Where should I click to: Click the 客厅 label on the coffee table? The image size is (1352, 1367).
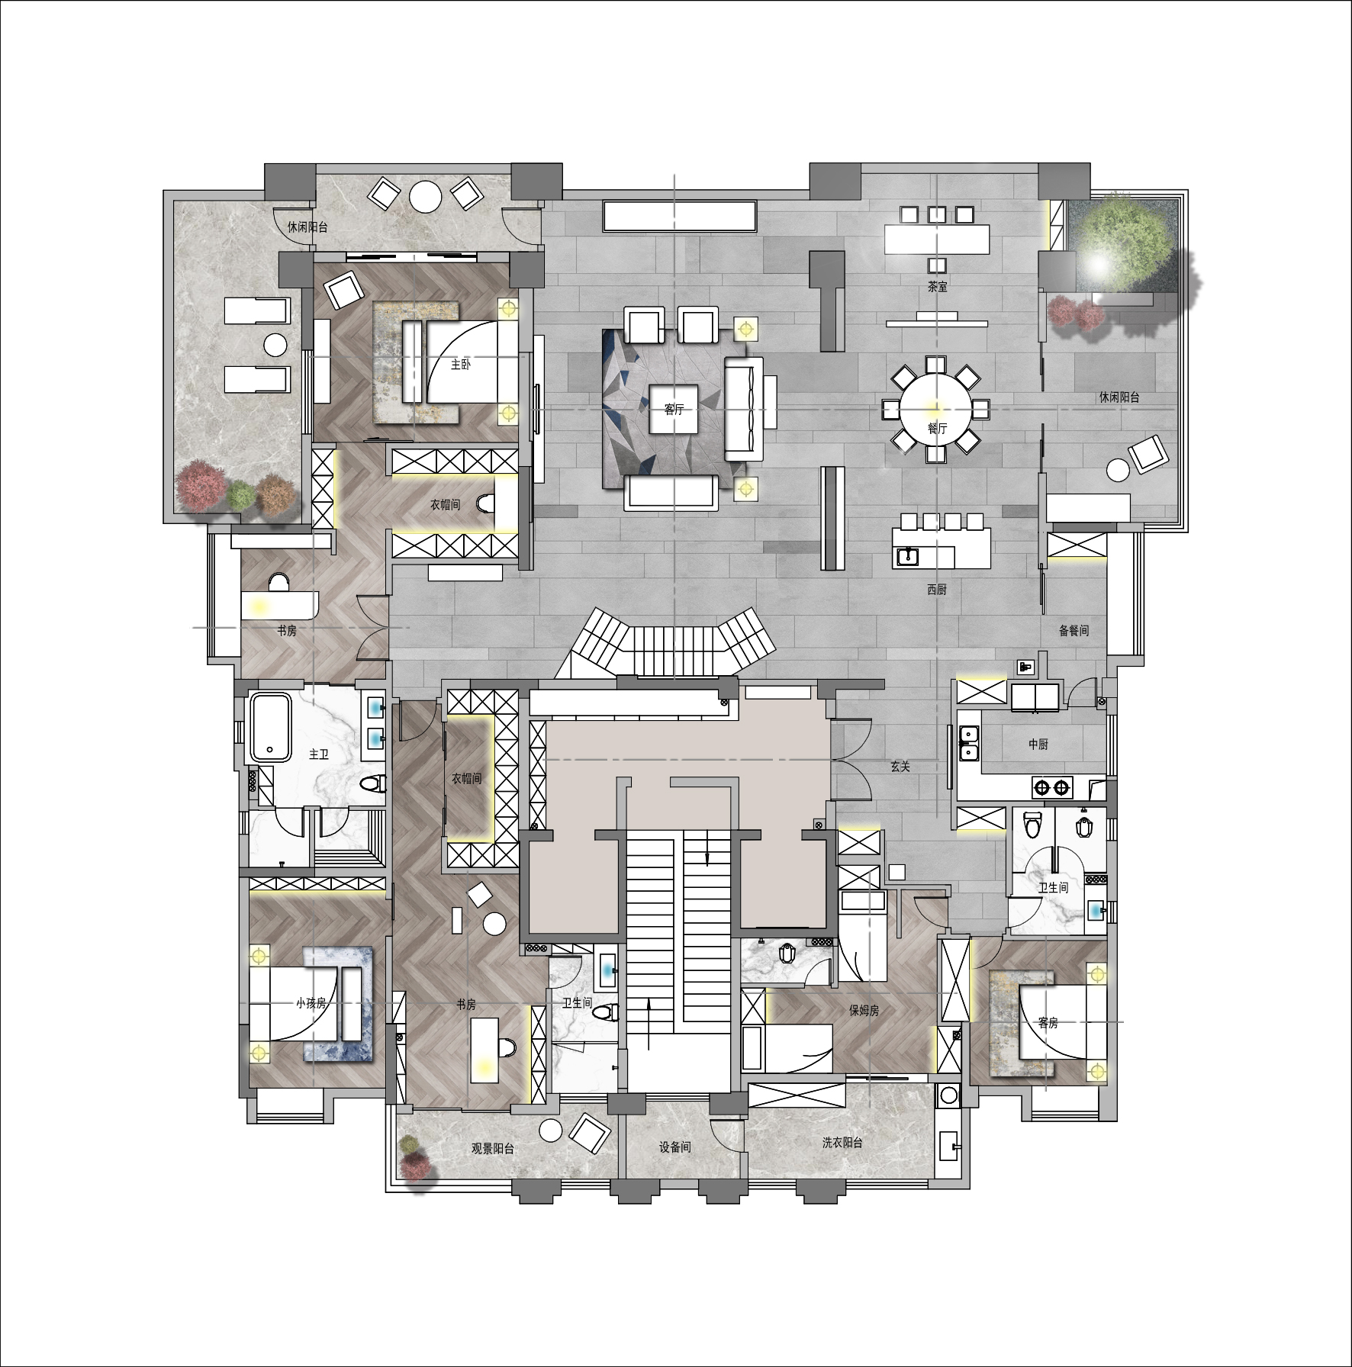click(x=673, y=410)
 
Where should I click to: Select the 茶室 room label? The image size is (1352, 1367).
click(x=938, y=287)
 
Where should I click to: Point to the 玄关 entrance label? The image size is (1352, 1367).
click(x=900, y=767)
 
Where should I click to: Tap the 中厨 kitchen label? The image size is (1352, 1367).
click(x=1038, y=745)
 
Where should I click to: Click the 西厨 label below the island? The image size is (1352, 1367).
click(x=937, y=590)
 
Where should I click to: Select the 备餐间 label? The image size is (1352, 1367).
click(x=1074, y=631)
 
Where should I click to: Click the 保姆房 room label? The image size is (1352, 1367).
click(x=864, y=1011)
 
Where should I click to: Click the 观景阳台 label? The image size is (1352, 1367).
click(x=492, y=1149)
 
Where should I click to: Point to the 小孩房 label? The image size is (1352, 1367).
click(x=311, y=1003)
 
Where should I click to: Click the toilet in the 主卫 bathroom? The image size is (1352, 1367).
click(x=372, y=783)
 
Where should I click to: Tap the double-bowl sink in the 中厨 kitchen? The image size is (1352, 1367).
click(x=970, y=743)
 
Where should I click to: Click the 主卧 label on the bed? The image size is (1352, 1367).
click(x=460, y=365)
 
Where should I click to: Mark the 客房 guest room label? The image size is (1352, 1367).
click(x=1048, y=1023)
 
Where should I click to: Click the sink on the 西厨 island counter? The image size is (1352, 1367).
click(x=909, y=556)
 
